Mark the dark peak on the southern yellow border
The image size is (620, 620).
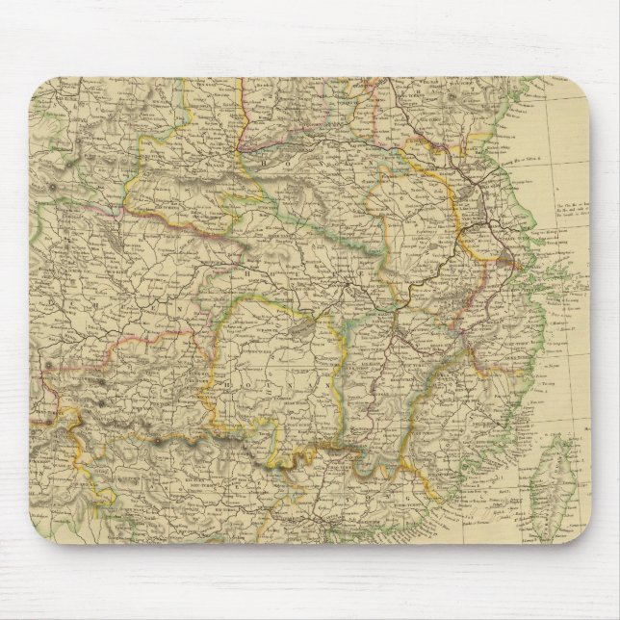click(157, 442)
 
